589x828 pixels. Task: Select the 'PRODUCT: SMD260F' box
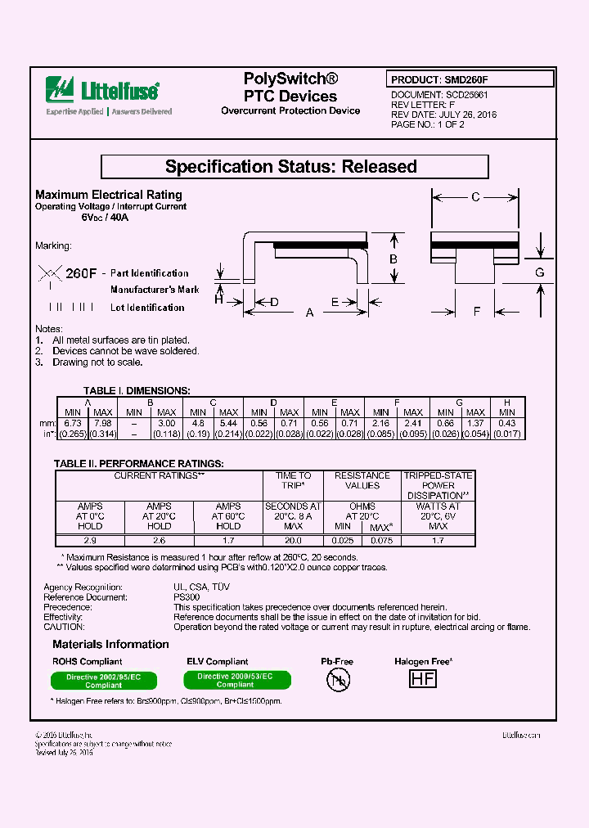coord(470,79)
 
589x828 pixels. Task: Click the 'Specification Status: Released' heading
coord(294,167)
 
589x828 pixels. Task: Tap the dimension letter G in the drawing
coord(540,272)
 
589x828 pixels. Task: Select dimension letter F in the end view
coord(477,310)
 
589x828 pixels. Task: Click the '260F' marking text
coord(81,272)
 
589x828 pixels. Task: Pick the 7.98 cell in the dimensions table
coord(102,423)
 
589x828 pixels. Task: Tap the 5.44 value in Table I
coord(228,423)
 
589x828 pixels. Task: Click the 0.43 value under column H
coord(507,423)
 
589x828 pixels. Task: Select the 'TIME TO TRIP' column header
coord(294,480)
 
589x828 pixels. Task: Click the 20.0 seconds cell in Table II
coord(294,541)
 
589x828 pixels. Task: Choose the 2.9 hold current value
coord(90,541)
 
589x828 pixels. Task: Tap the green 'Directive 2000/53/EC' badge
coord(235,680)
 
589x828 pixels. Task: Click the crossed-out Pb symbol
coord(338,678)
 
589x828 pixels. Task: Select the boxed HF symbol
coord(422,678)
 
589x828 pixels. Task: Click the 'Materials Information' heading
coord(110,645)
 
